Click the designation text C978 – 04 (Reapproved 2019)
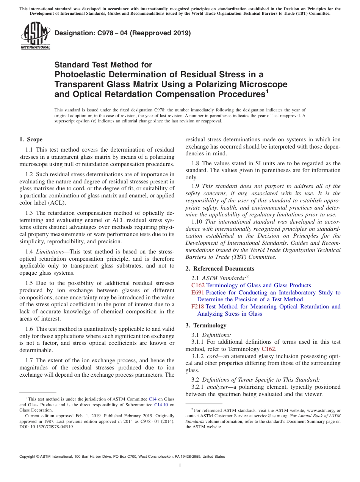click(122, 33)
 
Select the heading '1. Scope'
click(31, 139)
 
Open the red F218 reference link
click(198, 307)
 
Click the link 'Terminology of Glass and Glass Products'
click(258, 285)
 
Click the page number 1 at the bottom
click(180, 465)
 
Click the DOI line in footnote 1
click(47, 426)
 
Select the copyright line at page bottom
click(122, 457)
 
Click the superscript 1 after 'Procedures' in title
click(267, 91)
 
